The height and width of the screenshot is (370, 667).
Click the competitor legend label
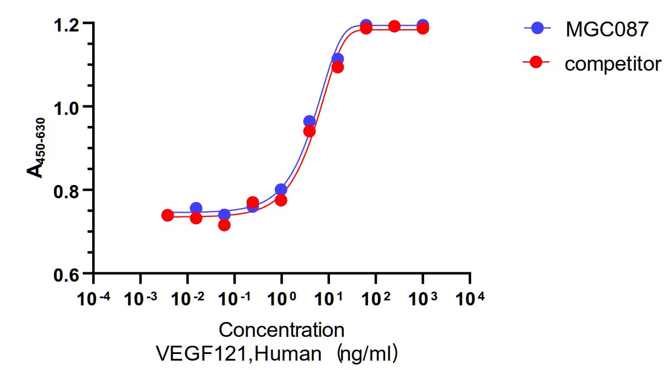612,64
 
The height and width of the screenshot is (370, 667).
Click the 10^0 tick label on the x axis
281,300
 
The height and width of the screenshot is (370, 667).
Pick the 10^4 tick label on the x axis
470,300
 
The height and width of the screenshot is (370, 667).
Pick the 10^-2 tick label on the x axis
188,300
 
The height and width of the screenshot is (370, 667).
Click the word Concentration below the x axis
281,330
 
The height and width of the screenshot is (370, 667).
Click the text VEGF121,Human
238,352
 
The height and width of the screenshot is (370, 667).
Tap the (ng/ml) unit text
369,352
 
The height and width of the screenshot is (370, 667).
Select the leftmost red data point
168,215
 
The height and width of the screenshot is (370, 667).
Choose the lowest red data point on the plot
224,225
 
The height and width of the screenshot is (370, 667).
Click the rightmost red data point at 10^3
423,28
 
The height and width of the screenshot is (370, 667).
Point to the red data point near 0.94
310,131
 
